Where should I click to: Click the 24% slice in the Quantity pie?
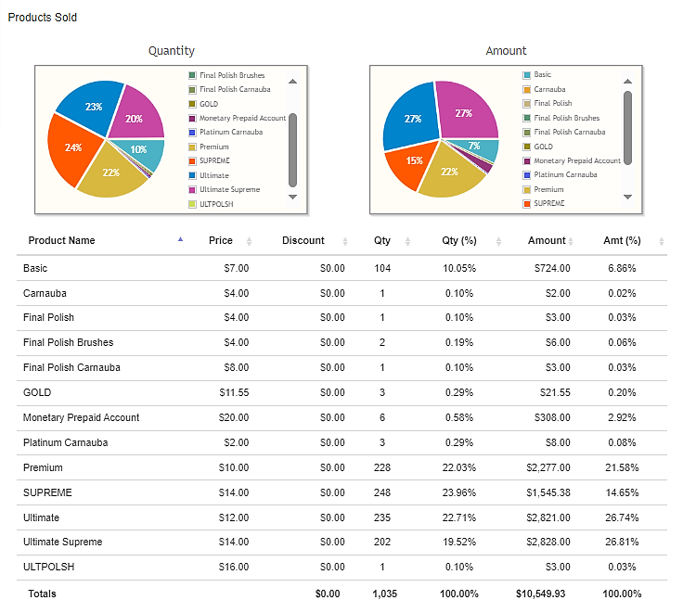(71, 148)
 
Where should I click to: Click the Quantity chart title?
(171, 50)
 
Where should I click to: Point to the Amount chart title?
(506, 50)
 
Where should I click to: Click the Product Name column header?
(61, 240)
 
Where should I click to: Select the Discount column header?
(303, 240)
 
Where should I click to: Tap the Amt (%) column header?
(622, 240)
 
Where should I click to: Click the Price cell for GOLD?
(234, 392)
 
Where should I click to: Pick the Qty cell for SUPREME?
(382, 492)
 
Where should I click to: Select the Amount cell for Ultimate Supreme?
(548, 542)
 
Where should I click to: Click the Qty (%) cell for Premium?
(459, 467)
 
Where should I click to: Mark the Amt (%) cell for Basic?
(622, 268)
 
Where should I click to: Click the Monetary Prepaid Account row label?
(81, 417)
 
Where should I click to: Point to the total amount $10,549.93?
(541, 594)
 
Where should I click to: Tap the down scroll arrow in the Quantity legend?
(292, 197)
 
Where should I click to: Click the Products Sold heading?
(43, 18)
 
